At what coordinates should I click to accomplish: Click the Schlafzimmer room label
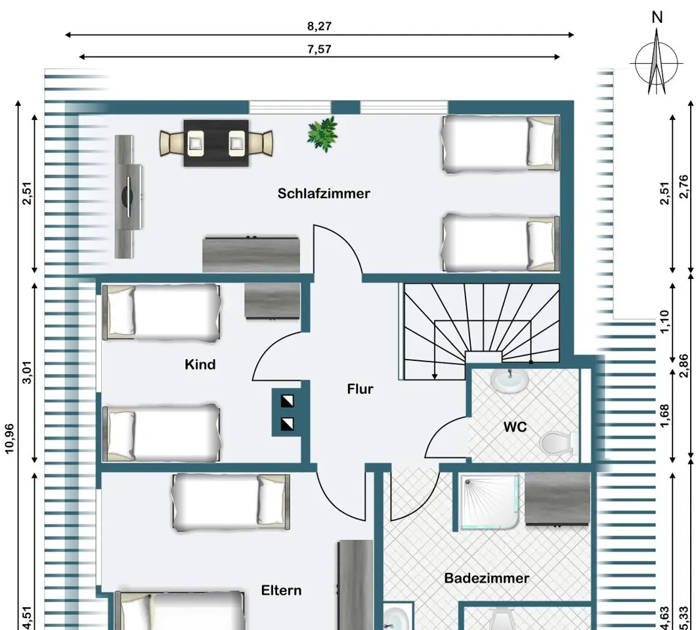coord(324,194)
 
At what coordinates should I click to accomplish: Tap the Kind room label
coord(200,365)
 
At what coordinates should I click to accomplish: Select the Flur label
coord(360,389)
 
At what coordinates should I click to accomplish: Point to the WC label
coord(515,427)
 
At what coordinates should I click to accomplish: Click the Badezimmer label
coord(487,578)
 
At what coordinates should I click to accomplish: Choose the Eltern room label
coord(282,591)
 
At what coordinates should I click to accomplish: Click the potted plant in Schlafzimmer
coord(322,134)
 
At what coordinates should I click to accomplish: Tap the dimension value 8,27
coord(319,26)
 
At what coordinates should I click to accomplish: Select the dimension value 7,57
coord(319,49)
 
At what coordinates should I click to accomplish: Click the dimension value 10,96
coord(10,439)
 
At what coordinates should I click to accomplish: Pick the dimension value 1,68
coord(664,415)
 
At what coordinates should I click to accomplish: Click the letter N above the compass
coord(657,17)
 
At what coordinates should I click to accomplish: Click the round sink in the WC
coord(510,381)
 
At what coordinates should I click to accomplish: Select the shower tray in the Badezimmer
coord(490,502)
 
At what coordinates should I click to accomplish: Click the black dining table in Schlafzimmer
coord(216,143)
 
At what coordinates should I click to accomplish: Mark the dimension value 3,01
coord(27,373)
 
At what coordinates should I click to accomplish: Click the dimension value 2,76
coord(684,187)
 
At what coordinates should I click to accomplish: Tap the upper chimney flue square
coord(287,401)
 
